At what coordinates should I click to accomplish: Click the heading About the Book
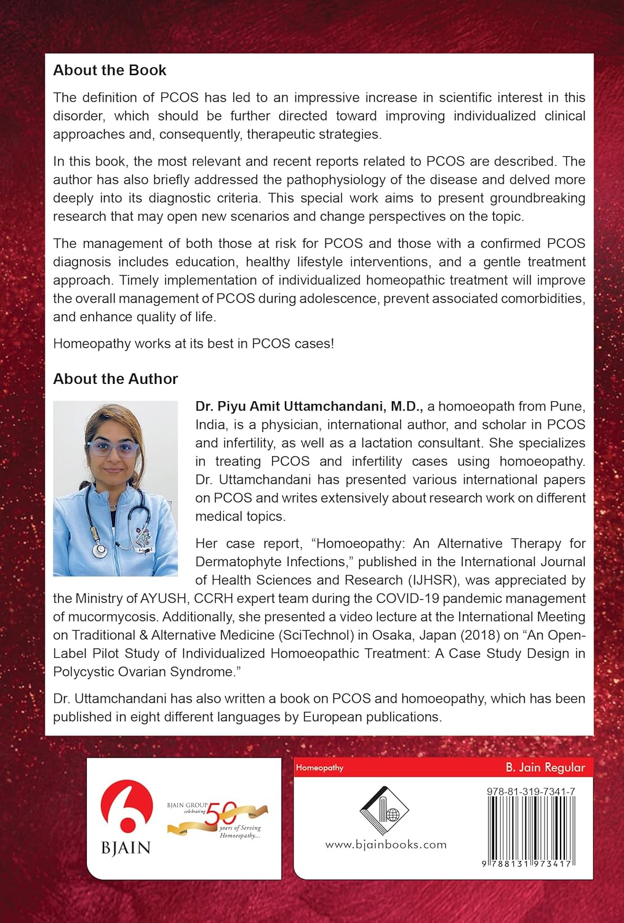coord(110,70)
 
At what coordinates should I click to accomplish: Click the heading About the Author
coord(115,379)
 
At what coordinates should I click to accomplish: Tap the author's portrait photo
coord(116,489)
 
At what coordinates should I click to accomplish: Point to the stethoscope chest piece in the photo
coord(98,549)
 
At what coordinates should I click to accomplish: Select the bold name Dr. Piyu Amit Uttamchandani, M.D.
coord(309,406)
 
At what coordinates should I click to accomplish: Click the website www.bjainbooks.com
coord(386,845)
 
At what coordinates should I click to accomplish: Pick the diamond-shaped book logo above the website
coord(384,811)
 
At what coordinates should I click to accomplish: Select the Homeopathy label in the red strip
coord(319,768)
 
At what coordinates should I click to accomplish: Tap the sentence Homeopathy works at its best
coord(193,343)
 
